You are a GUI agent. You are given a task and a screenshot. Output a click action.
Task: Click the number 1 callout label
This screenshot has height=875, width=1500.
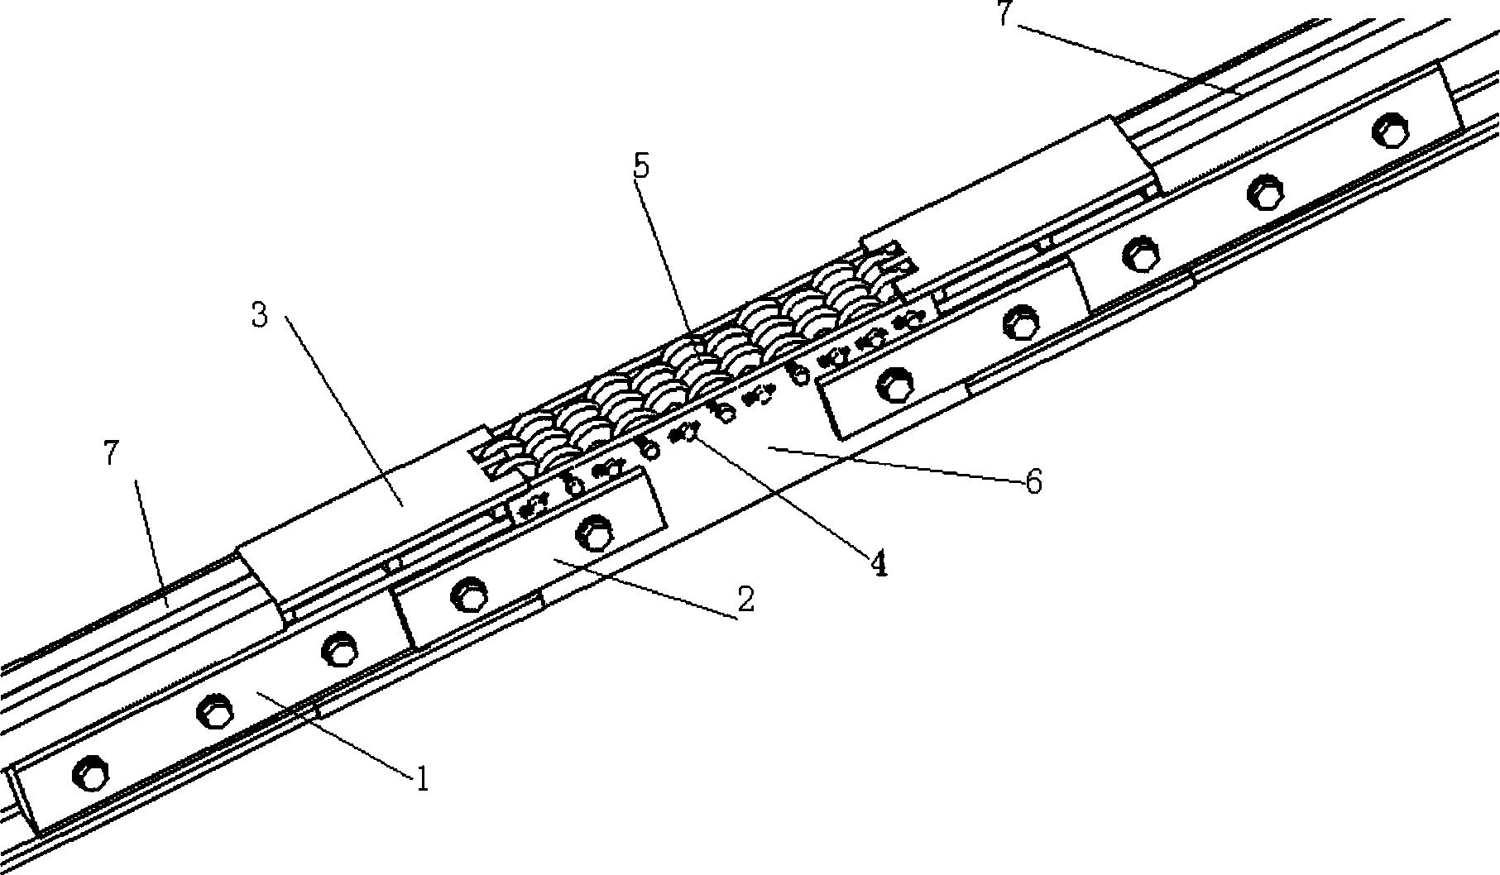tap(423, 778)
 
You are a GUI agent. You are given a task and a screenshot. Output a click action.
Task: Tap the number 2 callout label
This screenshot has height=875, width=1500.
tap(745, 599)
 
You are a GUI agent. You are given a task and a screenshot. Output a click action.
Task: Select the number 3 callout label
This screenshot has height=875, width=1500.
tap(260, 315)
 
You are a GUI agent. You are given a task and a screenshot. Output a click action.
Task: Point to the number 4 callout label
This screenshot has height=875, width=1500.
tap(878, 564)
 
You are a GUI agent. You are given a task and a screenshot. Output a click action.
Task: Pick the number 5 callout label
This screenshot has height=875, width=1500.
tap(641, 166)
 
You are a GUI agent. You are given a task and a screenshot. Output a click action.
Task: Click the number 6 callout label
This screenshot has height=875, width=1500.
tap(1033, 481)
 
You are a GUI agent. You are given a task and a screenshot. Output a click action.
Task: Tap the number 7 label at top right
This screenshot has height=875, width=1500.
tap(1004, 14)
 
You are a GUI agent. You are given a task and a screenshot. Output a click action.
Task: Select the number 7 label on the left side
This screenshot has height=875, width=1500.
tap(112, 453)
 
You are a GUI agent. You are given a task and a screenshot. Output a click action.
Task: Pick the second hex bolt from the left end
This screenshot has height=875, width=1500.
tap(213, 710)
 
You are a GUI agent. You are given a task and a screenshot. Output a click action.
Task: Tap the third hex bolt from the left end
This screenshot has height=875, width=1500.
tap(338, 649)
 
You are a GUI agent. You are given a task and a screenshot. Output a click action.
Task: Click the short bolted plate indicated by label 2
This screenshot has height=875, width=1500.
tap(530, 559)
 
